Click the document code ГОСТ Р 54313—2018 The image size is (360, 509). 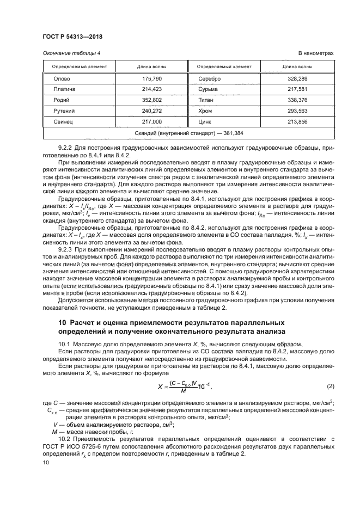[x=72, y=36]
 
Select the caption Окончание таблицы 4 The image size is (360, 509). [x=72, y=53]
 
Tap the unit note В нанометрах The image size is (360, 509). [x=315, y=53]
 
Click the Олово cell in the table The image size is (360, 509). [x=61, y=79]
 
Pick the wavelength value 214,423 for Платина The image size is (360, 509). [x=152, y=89]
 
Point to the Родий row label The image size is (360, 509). [x=61, y=100]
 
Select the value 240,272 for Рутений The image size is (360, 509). [x=152, y=110]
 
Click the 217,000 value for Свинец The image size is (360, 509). [x=152, y=120]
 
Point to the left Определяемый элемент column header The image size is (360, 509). [x=79, y=66]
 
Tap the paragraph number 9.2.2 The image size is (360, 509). [x=66, y=148]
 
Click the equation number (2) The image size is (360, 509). [x=330, y=386]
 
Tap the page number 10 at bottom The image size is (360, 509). [x=46, y=462]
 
